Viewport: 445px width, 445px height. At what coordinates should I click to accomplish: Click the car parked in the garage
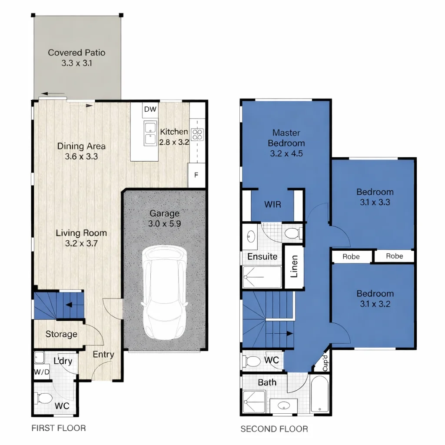[165, 293]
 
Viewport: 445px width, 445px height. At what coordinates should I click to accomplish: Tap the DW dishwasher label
[150, 110]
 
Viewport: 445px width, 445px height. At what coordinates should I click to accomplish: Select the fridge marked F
[196, 176]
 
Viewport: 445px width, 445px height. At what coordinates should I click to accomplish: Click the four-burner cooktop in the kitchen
[197, 134]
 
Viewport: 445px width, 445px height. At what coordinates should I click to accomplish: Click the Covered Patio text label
[76, 53]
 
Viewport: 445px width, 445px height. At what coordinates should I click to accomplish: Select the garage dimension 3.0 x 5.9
[164, 224]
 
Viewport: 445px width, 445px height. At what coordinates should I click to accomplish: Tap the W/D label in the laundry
[42, 372]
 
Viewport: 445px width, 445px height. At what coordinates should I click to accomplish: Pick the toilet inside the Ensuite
[292, 233]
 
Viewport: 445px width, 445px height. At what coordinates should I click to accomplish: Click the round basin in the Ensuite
[251, 236]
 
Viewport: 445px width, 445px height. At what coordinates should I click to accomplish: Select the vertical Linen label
[294, 266]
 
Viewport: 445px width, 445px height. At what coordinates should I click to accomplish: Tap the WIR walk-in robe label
[272, 204]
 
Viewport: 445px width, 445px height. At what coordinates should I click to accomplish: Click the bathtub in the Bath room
[319, 395]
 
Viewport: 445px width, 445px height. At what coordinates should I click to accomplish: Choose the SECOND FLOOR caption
[274, 429]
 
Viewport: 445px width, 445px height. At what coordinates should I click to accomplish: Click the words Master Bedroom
[286, 138]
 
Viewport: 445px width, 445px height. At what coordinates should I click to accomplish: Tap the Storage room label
[61, 334]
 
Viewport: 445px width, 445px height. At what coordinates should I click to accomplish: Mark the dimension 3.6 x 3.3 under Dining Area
[81, 157]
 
